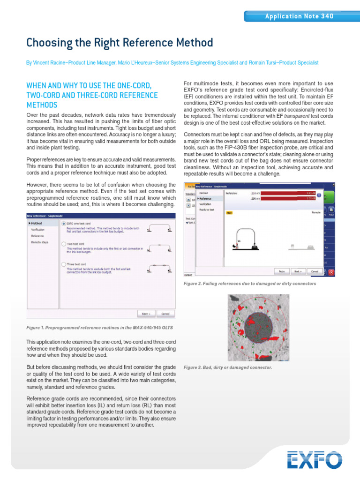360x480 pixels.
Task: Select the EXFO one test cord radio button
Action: tap(64, 224)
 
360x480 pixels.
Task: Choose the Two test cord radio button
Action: tap(64, 244)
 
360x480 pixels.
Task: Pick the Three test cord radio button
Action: tap(64, 264)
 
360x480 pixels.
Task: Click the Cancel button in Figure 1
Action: tap(165, 314)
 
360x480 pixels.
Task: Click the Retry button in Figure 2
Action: tap(282, 271)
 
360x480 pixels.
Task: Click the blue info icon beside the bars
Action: tap(319, 195)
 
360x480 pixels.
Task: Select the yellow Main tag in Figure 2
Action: tap(229, 212)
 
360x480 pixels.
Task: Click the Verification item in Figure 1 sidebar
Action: tap(38, 230)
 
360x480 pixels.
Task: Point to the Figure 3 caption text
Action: tap(228, 367)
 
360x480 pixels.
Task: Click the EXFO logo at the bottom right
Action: tap(314, 459)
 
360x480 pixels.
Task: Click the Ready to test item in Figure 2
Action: tap(207, 210)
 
